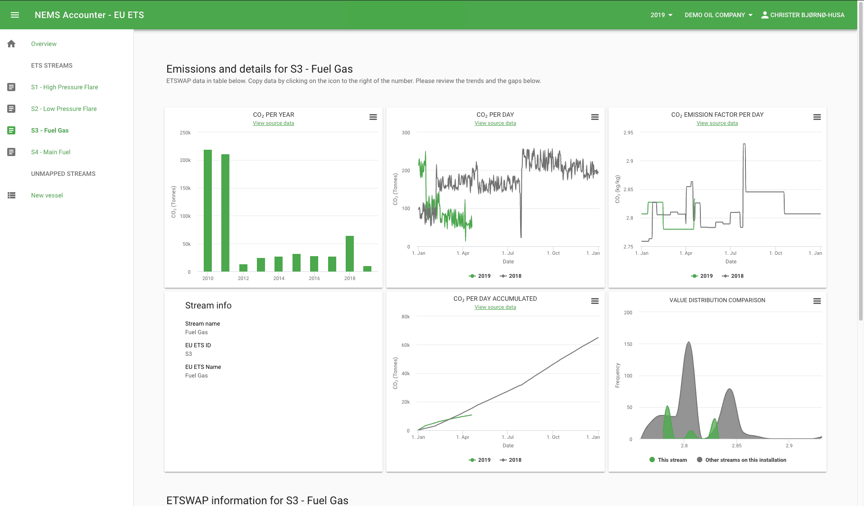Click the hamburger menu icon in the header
click(x=15, y=15)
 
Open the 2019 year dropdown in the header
click(x=661, y=15)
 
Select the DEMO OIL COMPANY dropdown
click(x=718, y=15)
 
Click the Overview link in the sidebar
click(x=44, y=44)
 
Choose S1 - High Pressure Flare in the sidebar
click(x=64, y=87)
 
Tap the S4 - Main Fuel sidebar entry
click(x=50, y=152)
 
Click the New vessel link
click(x=47, y=195)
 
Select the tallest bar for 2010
click(x=208, y=210)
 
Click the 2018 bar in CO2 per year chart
click(x=350, y=253)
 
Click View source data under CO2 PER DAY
click(x=495, y=123)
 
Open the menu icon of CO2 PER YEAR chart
click(x=373, y=117)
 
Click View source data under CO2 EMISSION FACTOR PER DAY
click(x=717, y=123)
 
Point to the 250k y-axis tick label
click(x=185, y=133)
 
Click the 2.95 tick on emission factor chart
click(x=628, y=133)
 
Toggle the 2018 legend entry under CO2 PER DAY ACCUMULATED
click(x=511, y=460)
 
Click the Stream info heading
click(x=208, y=305)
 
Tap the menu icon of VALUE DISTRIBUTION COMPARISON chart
click(x=817, y=301)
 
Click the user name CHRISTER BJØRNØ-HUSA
click(x=807, y=15)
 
